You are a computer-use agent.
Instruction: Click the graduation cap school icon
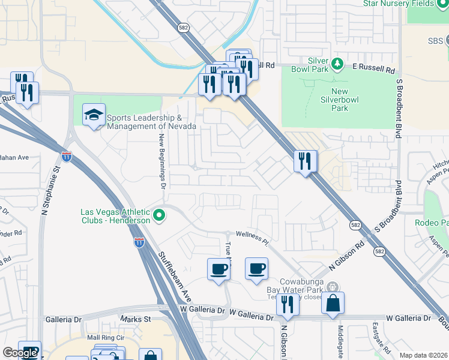(94, 115)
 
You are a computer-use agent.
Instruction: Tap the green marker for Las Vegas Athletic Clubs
(159, 214)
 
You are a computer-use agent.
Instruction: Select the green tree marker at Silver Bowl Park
(337, 63)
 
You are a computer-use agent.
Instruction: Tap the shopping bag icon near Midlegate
(333, 304)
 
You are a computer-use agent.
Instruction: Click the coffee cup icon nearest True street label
(218, 268)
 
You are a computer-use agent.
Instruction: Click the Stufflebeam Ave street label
(175, 275)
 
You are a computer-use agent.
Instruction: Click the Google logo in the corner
(20, 353)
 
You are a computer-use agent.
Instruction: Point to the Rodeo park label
(431, 223)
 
